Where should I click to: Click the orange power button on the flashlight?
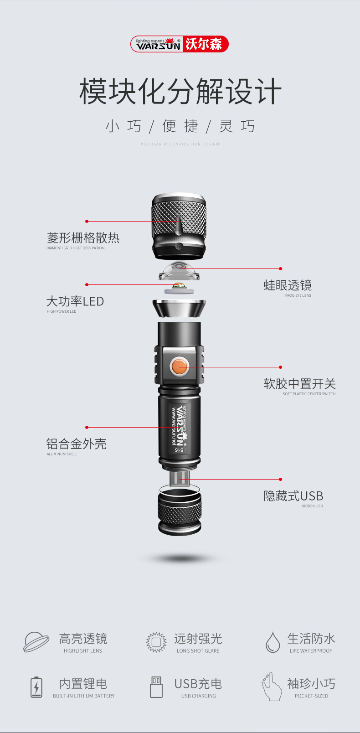tap(180, 366)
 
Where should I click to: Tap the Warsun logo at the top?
tap(180, 44)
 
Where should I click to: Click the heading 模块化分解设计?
tap(180, 91)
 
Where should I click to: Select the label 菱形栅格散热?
tap(83, 238)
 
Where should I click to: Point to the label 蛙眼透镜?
tap(288, 285)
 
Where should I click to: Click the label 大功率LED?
tap(75, 301)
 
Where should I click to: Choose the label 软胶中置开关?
tap(300, 384)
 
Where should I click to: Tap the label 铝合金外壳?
tap(76, 444)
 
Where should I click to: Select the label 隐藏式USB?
tap(293, 496)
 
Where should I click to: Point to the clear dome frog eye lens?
tap(179, 271)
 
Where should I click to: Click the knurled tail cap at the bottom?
tap(180, 511)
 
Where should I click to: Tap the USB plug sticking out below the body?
tap(180, 478)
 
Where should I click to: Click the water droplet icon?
tap(273, 642)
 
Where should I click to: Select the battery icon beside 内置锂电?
tap(36, 687)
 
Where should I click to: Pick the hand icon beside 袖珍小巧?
tap(272, 687)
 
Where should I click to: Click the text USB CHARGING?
tap(199, 696)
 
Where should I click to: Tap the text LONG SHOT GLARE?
tap(198, 651)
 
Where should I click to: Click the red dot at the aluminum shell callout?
tap(87, 428)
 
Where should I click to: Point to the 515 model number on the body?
tap(179, 450)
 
